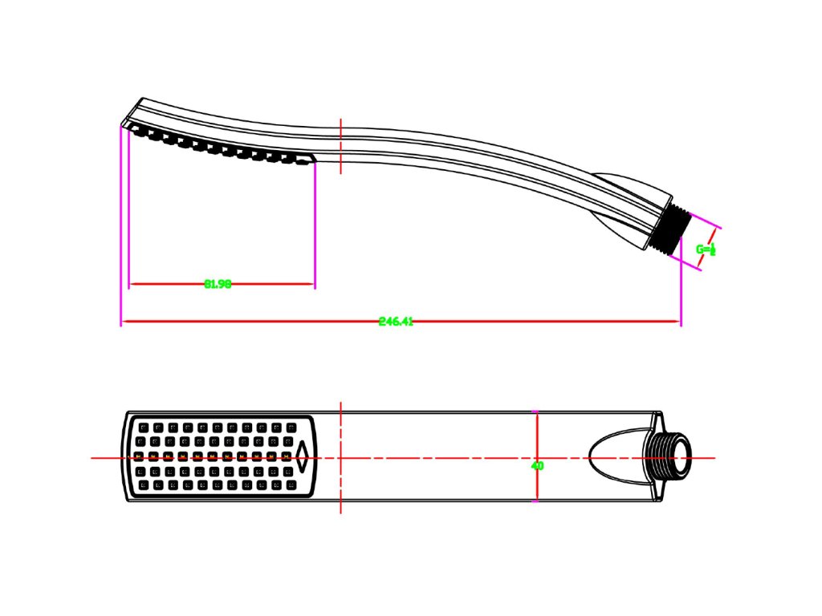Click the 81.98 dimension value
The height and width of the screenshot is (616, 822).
[218, 283]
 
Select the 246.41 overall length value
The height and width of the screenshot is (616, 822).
[396, 322]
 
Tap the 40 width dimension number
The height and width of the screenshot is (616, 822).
[537, 465]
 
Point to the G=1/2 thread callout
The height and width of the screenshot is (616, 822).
[706, 249]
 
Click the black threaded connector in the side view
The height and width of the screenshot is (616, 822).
[673, 229]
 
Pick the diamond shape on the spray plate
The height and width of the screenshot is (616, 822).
[303, 457]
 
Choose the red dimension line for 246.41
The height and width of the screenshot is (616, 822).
[522, 322]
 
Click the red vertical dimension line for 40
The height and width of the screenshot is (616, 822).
[536, 433]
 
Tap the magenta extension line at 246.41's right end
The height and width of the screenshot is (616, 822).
[681, 289]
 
